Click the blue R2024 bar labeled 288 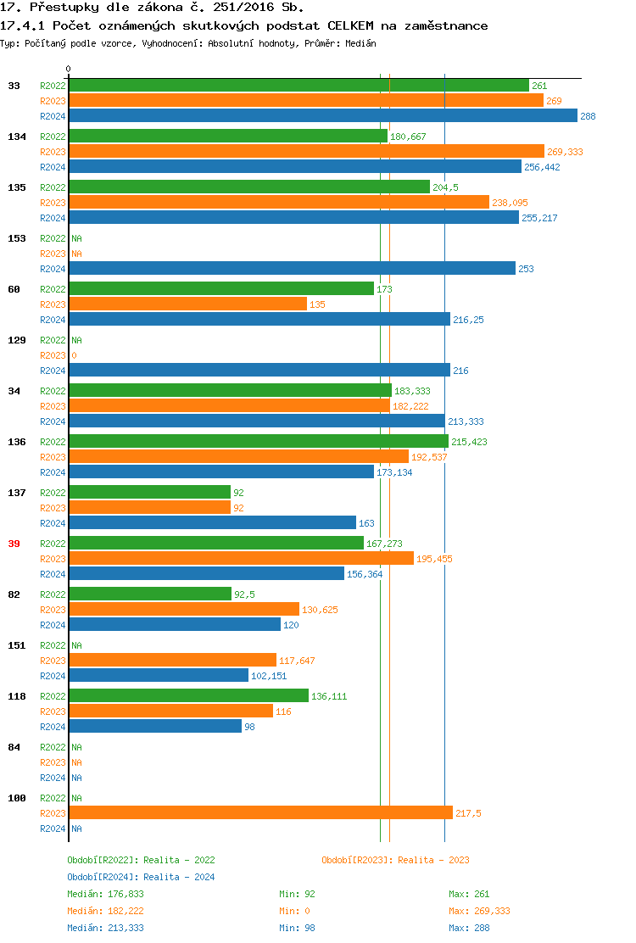click(322, 116)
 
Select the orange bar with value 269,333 click(306, 152)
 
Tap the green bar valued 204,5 click(249, 187)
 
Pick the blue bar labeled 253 click(292, 269)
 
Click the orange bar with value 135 click(187, 304)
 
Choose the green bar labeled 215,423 click(259, 442)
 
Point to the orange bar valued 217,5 click(260, 813)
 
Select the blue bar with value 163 click(212, 523)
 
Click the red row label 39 click(14, 544)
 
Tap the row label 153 click(16, 238)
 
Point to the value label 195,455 click(434, 559)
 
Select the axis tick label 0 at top click(69, 69)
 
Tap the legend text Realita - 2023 click(433, 860)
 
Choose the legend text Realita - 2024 click(179, 877)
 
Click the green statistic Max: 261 click(469, 894)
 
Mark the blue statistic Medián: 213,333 click(105, 928)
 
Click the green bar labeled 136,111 click(188, 696)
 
